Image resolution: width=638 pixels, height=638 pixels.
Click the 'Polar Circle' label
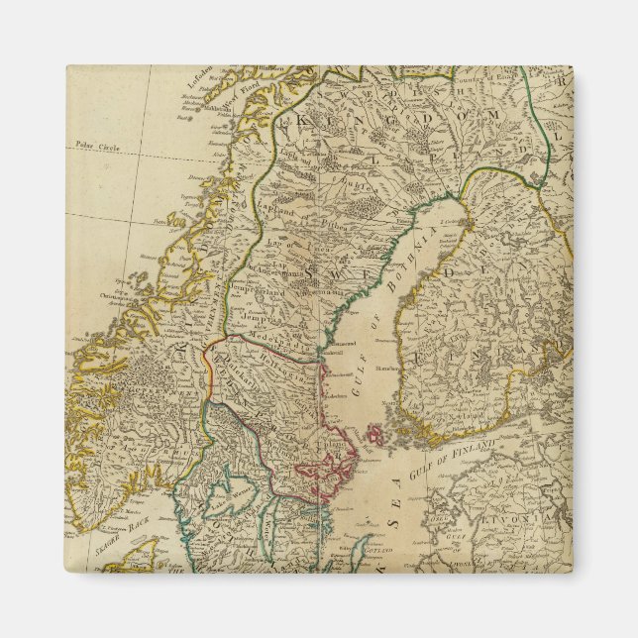point(96,145)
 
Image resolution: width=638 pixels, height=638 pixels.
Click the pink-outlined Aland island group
point(376,433)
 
